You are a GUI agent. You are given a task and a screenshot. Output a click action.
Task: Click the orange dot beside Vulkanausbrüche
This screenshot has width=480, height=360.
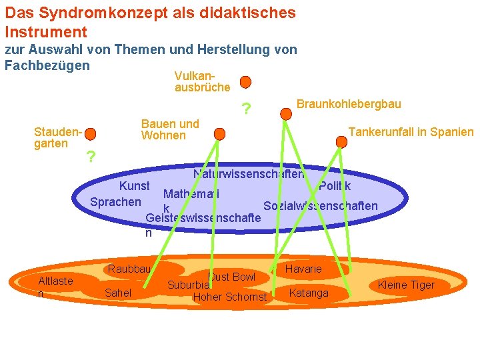(245, 82)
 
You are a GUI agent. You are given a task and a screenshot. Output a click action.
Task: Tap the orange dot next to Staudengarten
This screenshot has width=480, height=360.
(91, 135)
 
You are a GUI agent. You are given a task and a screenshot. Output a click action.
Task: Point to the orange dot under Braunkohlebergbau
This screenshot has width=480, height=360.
(285, 114)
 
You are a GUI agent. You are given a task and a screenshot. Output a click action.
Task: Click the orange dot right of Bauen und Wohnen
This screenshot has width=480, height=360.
(220, 134)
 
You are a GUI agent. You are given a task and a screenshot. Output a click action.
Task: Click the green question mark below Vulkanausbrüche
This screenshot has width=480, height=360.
(247, 109)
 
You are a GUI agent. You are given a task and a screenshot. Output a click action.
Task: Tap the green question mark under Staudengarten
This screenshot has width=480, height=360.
(91, 157)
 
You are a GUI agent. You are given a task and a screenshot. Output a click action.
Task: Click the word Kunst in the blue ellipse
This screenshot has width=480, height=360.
(134, 186)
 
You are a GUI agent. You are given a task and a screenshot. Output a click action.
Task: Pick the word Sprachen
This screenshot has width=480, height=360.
(115, 202)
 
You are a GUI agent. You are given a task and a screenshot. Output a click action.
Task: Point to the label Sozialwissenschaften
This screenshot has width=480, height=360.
(321, 206)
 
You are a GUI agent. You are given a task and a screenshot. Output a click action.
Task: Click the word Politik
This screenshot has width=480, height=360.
(335, 187)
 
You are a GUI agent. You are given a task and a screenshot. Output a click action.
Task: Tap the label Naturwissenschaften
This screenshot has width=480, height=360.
(248, 175)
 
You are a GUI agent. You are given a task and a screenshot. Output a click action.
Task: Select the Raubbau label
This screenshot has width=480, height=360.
(129, 269)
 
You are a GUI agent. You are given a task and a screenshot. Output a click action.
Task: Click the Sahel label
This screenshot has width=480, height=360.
(118, 293)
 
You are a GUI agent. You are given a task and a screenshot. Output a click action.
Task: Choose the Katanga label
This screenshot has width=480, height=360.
(309, 293)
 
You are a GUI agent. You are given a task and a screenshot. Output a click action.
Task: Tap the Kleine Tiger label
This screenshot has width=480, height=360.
(405, 285)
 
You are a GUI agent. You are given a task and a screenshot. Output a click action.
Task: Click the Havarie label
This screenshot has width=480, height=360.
(303, 269)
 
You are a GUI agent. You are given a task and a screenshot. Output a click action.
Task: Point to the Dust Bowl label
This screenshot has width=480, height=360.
(232, 277)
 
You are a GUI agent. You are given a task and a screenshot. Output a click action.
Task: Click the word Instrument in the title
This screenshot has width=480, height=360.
(46, 31)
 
